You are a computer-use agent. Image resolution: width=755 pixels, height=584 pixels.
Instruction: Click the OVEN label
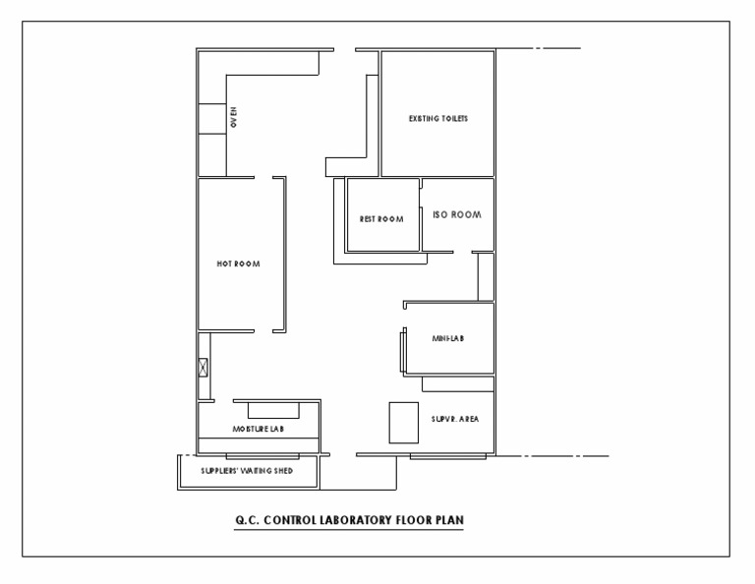[234, 118]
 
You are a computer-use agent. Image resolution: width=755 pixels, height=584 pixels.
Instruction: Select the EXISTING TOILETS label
[437, 118]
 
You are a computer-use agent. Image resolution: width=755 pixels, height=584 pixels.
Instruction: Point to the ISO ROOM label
[457, 214]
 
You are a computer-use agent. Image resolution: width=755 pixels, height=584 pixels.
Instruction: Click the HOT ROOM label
[238, 263]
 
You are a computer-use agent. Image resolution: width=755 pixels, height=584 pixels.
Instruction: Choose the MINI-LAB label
[447, 338]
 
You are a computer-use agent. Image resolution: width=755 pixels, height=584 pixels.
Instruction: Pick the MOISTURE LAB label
[259, 430]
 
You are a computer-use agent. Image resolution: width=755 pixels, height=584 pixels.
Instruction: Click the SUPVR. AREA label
[454, 420]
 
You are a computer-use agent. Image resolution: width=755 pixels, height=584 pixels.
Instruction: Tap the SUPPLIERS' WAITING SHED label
[246, 470]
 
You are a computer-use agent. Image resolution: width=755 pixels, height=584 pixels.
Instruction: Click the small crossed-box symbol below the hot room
[203, 368]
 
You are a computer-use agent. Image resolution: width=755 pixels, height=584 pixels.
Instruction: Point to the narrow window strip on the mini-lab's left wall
[401, 351]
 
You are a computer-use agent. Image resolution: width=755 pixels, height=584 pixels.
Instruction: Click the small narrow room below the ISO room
[484, 277]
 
